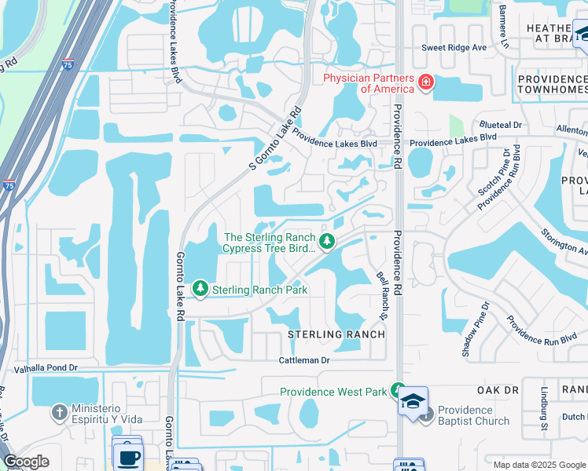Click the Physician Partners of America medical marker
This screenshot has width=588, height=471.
click(x=425, y=82)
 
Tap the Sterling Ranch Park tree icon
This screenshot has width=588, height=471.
click(x=201, y=290)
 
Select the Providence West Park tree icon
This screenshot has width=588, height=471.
click(x=399, y=391)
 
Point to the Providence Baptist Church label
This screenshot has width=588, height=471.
click(x=474, y=415)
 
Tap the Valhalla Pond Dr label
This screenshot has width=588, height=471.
click(x=46, y=367)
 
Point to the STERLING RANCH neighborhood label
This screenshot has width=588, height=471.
click(x=336, y=334)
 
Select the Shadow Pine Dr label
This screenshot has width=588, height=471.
click(x=476, y=330)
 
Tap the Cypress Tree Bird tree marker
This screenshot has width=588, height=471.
click(x=329, y=240)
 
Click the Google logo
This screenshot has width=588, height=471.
click(x=26, y=462)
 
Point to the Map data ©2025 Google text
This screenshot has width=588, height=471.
click(x=539, y=464)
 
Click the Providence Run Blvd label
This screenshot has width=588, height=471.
click(x=542, y=330)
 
